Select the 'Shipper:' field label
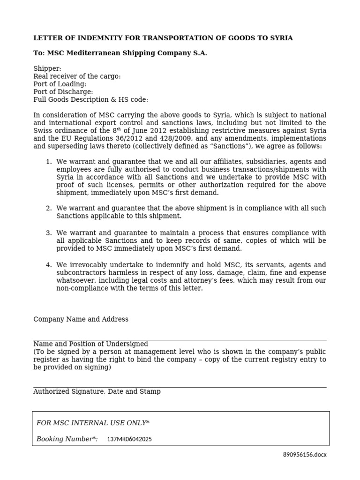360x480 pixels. pyautogui.click(x=47, y=69)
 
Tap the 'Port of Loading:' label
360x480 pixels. pyautogui.click(x=60, y=84)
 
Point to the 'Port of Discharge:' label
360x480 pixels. pyautogui.click(x=63, y=92)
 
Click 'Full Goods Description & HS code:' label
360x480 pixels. pyautogui.click(x=90, y=100)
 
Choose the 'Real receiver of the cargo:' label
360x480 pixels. pyautogui.click(x=77, y=76)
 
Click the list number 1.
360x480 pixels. pyautogui.click(x=48, y=162)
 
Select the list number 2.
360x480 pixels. pyautogui.click(x=48, y=208)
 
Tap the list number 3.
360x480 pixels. pyautogui.click(x=48, y=233)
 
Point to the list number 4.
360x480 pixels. pyautogui.click(x=48, y=265)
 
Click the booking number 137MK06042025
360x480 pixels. pyautogui.click(x=129, y=440)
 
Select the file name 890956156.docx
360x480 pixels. pyautogui.click(x=305, y=455)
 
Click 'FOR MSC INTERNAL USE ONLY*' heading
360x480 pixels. pyautogui.click(x=93, y=423)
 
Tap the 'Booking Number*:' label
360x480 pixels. pyautogui.click(x=67, y=439)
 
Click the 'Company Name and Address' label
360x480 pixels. pyautogui.click(x=81, y=319)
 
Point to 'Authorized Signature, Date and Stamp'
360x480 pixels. pyautogui.click(x=97, y=391)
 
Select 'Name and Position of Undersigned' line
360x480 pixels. pyautogui.click(x=90, y=344)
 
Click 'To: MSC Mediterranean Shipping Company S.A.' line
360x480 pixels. pyautogui.click(x=120, y=53)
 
